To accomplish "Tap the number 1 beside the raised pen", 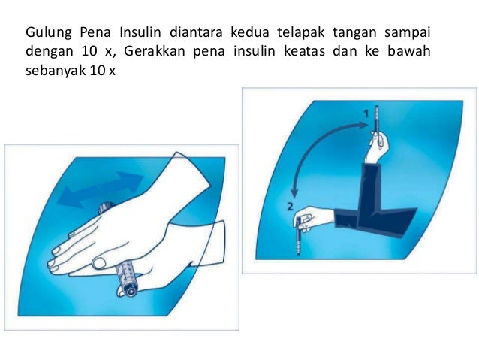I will coord(366,113).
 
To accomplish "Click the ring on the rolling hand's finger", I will coord(98,262).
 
